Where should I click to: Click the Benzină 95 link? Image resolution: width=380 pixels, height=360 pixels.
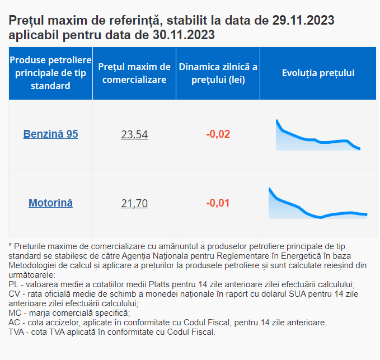pos(50,134)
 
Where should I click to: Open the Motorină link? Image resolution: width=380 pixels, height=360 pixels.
pos(50,203)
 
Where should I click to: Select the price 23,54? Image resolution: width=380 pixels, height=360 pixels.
pos(134,134)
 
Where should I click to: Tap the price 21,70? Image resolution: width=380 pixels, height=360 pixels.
pos(134,203)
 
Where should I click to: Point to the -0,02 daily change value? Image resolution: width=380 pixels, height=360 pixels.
pos(218,134)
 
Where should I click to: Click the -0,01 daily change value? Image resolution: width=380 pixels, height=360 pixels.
pos(218,203)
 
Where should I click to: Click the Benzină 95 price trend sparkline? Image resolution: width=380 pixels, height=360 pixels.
pos(318,137)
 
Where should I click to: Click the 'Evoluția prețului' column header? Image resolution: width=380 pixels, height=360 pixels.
pos(318,73)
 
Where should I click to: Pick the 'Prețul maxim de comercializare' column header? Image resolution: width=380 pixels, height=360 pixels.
pos(134,73)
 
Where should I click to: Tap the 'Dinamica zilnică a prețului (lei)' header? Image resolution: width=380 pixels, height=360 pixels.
pos(218,73)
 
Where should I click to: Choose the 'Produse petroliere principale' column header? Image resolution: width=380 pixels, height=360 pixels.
pos(50,73)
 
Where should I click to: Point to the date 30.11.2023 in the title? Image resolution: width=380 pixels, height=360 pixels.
pos(182,35)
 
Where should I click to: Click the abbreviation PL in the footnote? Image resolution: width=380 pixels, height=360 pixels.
pos(13,284)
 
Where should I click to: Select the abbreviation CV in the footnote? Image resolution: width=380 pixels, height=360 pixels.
pos(14,294)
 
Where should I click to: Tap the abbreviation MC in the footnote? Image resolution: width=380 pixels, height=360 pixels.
pos(15,313)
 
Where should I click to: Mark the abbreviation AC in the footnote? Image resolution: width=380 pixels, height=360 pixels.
pos(14,322)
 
